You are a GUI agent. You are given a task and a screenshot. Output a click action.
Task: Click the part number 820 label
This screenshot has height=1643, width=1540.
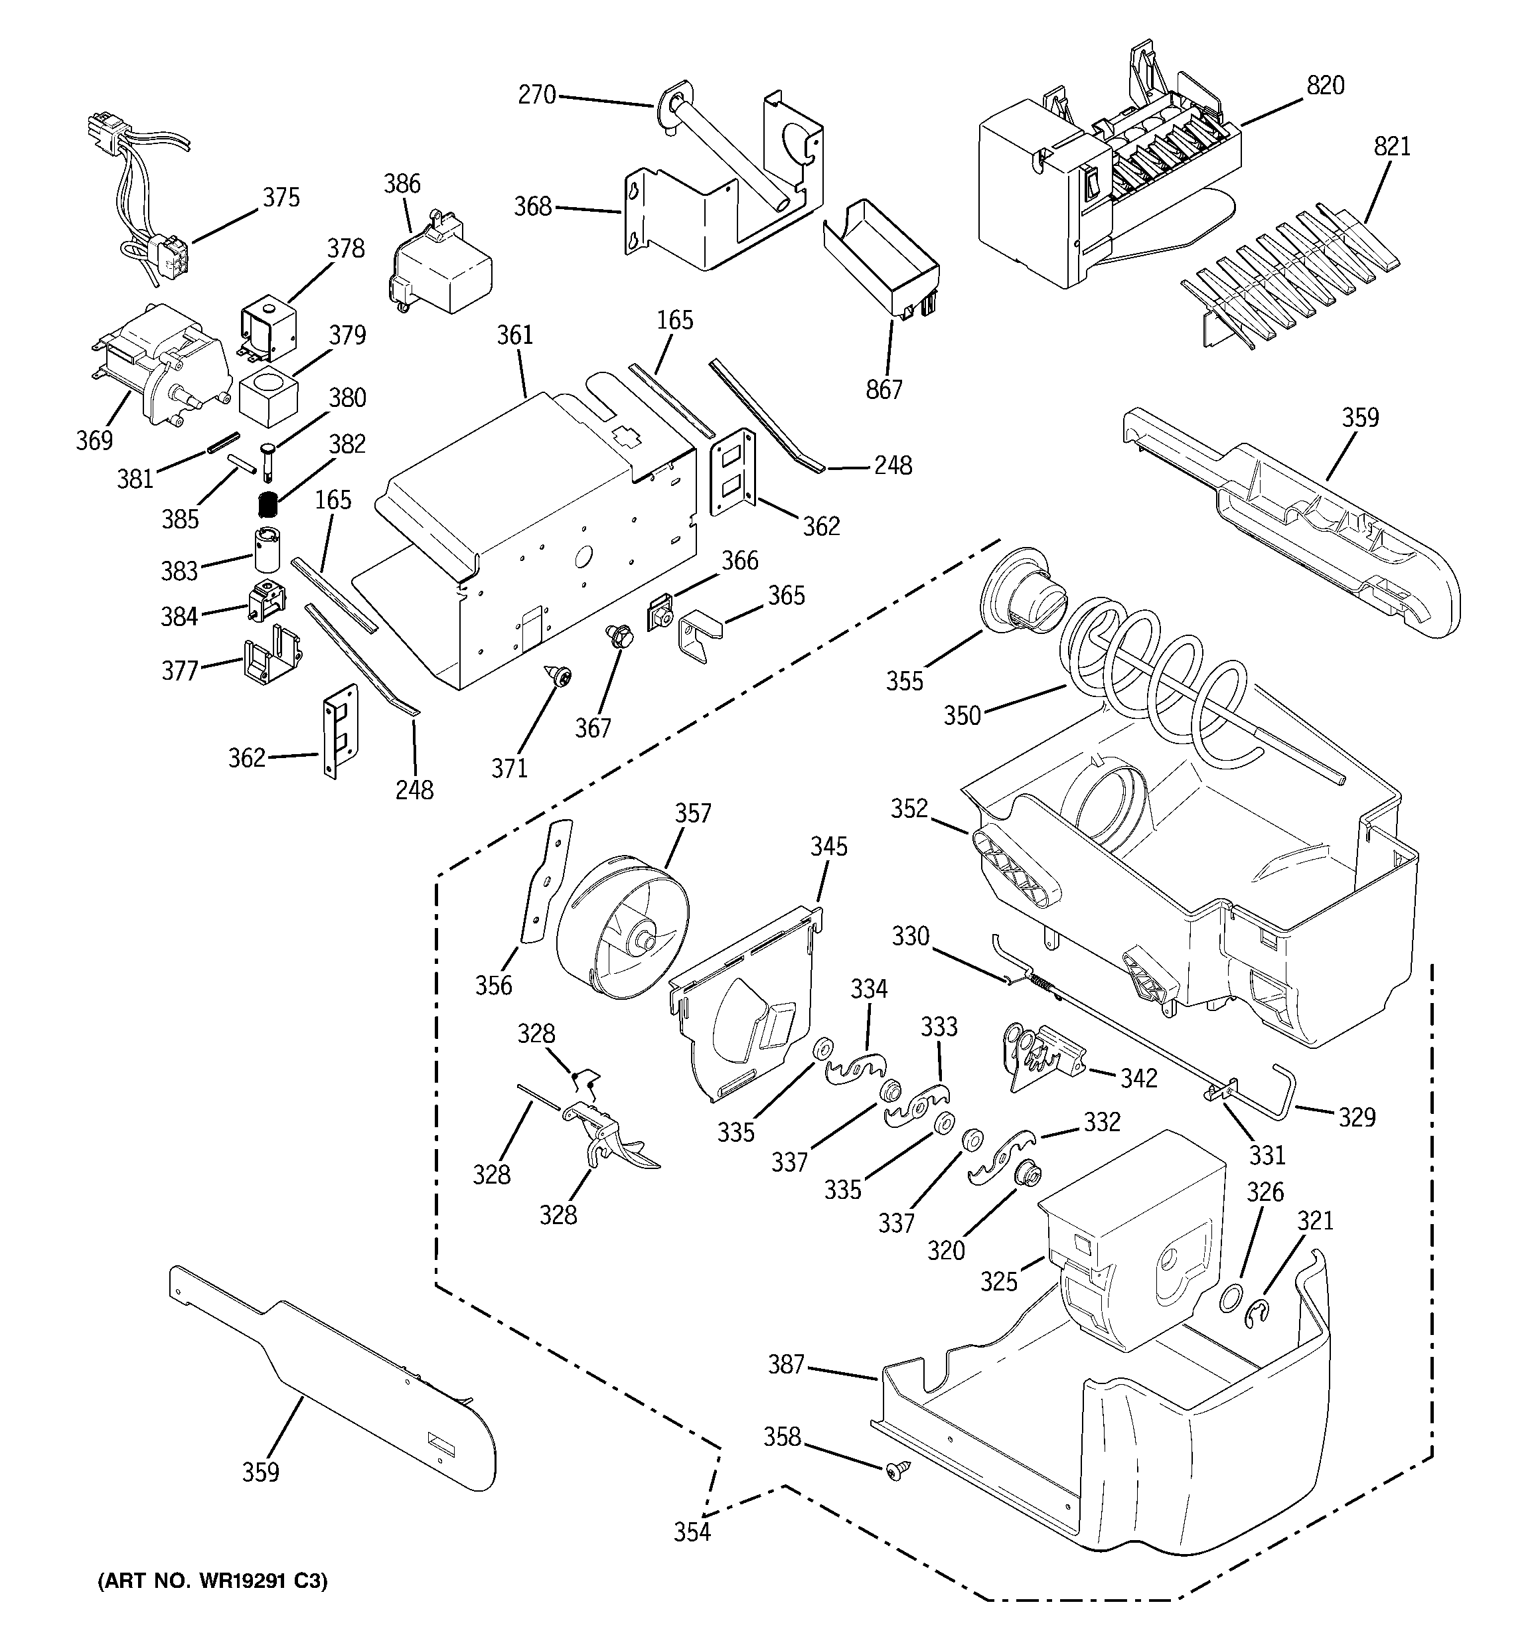(1325, 86)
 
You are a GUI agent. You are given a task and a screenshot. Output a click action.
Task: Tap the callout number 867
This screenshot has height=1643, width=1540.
(884, 389)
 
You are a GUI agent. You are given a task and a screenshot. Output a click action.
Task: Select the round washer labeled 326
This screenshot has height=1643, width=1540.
(1232, 1298)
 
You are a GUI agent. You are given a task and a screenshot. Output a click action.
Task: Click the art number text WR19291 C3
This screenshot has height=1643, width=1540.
(212, 1582)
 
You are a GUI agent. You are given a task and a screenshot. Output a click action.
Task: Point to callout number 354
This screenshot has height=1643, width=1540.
(692, 1532)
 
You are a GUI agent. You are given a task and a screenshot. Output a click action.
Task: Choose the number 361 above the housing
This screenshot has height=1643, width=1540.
(515, 335)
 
